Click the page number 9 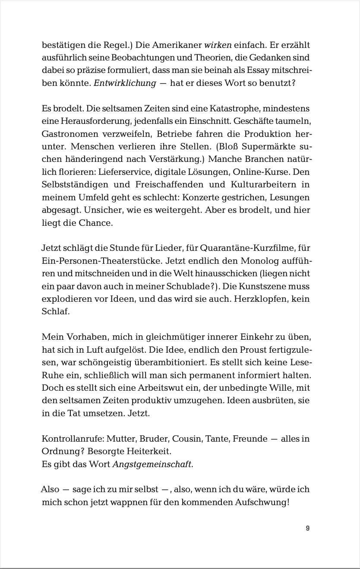307,528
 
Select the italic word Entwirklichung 125,83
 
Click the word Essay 249,70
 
